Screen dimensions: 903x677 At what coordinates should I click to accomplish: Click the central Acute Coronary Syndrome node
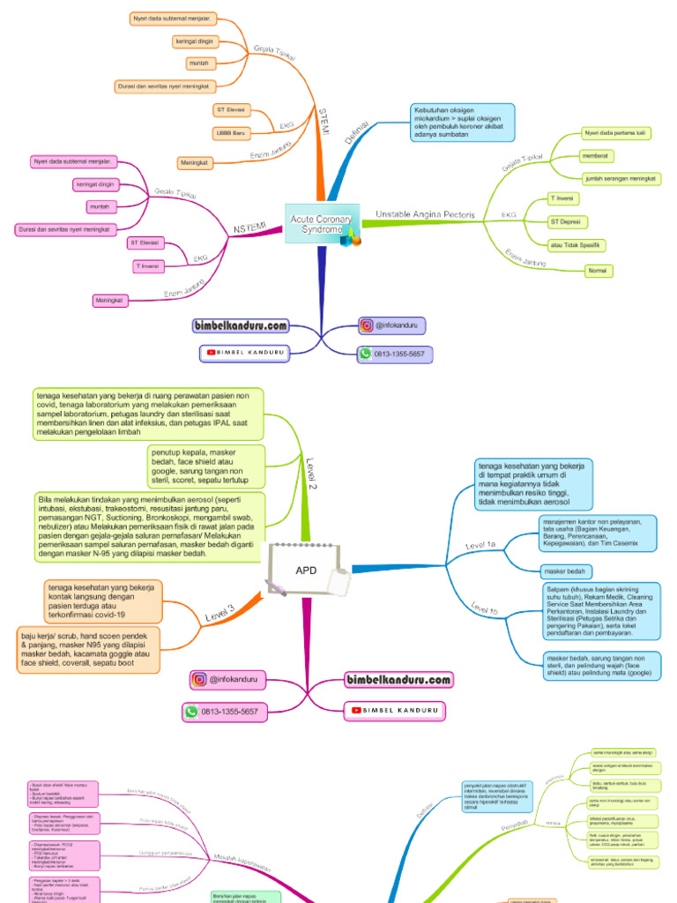coord(322,224)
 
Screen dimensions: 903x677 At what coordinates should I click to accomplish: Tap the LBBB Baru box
coord(232,133)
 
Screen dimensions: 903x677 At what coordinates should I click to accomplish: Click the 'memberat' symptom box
coord(596,156)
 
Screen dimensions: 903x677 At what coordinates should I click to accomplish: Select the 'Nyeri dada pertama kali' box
coord(616,133)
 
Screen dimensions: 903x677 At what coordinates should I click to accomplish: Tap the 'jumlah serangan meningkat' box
coord(621,178)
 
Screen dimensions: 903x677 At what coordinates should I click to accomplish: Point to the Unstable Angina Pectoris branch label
coord(425,214)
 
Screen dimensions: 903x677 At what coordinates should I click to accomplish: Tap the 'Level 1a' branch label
coord(480,546)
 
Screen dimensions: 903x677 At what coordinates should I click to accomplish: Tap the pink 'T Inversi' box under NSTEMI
coord(146,265)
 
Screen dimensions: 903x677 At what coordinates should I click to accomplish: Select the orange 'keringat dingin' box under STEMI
coord(196,41)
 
